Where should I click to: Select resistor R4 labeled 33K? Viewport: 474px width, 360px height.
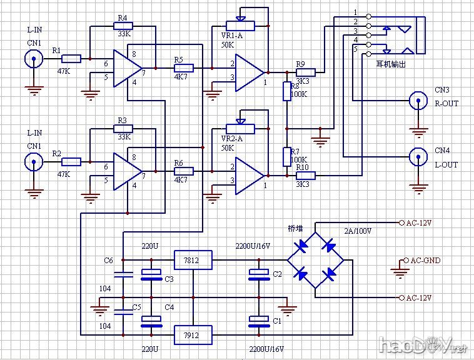[122, 26]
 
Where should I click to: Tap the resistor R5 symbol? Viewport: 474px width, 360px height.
[184, 67]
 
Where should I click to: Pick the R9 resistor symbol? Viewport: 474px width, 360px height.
[306, 72]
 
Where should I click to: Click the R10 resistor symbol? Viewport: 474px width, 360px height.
[306, 176]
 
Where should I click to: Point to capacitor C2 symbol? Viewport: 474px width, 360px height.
[256, 274]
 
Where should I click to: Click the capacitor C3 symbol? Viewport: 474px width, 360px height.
[151, 273]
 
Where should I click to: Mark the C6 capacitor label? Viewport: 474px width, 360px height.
[109, 260]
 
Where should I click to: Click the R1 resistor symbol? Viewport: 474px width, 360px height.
[72, 59]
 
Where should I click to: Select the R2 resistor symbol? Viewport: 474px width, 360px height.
[72, 162]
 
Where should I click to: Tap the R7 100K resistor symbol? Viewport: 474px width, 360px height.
[287, 156]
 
